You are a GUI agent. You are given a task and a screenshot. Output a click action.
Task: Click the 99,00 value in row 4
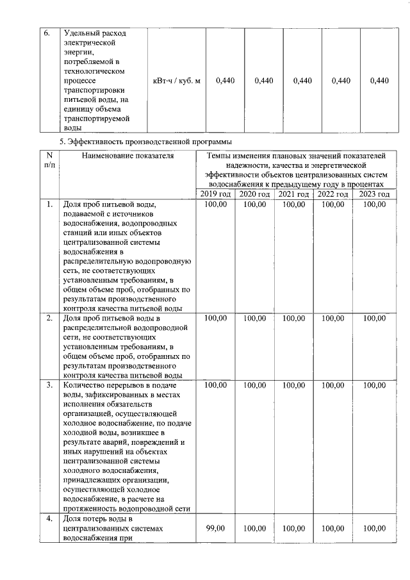[215, 528]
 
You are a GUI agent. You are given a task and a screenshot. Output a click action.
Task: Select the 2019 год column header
[215, 194]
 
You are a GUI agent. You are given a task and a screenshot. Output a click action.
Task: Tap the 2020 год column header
[254, 194]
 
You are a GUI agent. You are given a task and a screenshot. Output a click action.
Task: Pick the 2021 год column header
[294, 194]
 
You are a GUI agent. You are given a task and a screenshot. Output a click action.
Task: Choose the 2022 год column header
[333, 194]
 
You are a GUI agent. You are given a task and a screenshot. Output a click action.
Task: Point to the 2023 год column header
[375, 194]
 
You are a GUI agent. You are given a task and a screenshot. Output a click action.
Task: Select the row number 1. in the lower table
[49, 204]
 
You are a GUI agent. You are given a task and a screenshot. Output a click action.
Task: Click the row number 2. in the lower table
[49, 318]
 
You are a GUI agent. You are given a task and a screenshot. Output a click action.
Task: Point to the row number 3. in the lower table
[49, 386]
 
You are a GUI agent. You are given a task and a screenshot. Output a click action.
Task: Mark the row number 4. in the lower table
[49, 518]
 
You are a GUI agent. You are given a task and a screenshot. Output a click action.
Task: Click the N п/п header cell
[49, 160]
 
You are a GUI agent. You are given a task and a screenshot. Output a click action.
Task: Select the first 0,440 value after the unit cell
[225, 81]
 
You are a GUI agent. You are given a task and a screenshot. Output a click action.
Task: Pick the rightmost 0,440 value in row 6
[379, 81]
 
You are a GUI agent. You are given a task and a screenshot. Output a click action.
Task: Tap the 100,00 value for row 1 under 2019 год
[215, 204]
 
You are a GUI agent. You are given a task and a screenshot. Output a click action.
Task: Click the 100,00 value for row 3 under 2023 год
[375, 386]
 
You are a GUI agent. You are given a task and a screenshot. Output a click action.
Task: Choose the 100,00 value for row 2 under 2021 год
[294, 318]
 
